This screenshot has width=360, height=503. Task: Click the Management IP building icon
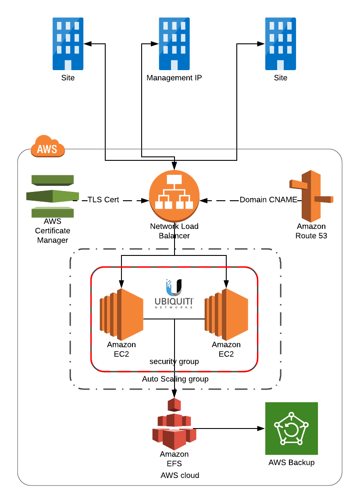pyautogui.click(x=174, y=44)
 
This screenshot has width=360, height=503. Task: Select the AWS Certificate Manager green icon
pyautogui.click(x=53, y=196)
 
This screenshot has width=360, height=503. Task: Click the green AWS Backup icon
pyautogui.click(x=291, y=429)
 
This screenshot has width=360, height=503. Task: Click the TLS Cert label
pyautogui.click(x=103, y=200)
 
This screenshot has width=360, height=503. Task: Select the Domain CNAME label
pyautogui.click(x=268, y=200)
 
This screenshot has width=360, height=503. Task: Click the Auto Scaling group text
pyautogui.click(x=175, y=379)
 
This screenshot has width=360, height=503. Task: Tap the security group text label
pyautogui.click(x=174, y=361)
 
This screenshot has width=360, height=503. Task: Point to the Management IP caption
pyautogui.click(x=174, y=78)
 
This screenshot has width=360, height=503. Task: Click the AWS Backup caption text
pyautogui.click(x=292, y=462)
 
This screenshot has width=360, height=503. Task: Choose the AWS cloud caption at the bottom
pyautogui.click(x=180, y=475)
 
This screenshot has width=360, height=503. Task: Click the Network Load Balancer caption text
pyautogui.click(x=174, y=231)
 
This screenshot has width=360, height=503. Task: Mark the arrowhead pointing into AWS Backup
pyautogui.click(x=261, y=429)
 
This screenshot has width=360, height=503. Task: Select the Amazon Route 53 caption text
pyautogui.click(x=311, y=231)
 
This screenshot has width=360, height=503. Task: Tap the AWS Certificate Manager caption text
pyautogui.click(x=53, y=231)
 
